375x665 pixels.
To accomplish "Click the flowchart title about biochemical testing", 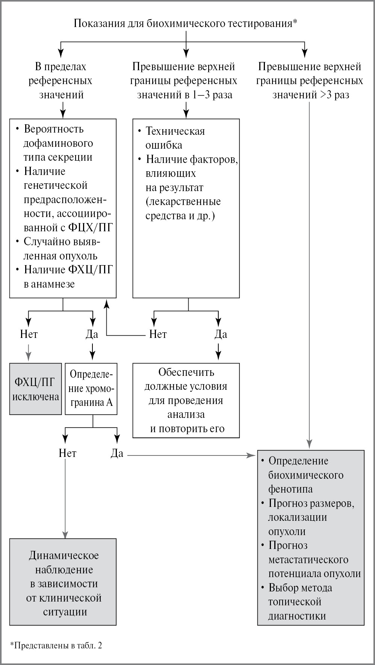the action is pyautogui.click(x=186, y=23).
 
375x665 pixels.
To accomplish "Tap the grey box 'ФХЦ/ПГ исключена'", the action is pyautogui.click(x=36, y=389).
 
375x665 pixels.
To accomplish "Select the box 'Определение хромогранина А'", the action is pyautogui.click(x=91, y=389).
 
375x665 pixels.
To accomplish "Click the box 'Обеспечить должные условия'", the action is pyautogui.click(x=186, y=400).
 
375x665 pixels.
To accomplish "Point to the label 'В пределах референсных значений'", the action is pyautogui.click(x=61, y=80).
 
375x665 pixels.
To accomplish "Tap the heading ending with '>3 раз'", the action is pyautogui.click(x=310, y=80).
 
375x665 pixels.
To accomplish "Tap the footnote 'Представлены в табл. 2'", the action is pyautogui.click(x=56, y=645).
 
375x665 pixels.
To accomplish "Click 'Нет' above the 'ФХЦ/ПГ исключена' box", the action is pyautogui.click(x=29, y=334).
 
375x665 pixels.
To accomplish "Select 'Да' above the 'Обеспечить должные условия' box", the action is pyautogui.click(x=221, y=334).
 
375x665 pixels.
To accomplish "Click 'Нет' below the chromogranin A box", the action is pyautogui.click(x=67, y=453).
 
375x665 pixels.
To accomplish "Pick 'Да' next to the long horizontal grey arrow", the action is pyautogui.click(x=117, y=453).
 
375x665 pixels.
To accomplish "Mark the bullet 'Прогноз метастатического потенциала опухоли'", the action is pyautogui.click(x=311, y=559).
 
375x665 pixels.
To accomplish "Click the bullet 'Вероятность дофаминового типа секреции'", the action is pyautogui.click(x=55, y=143).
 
